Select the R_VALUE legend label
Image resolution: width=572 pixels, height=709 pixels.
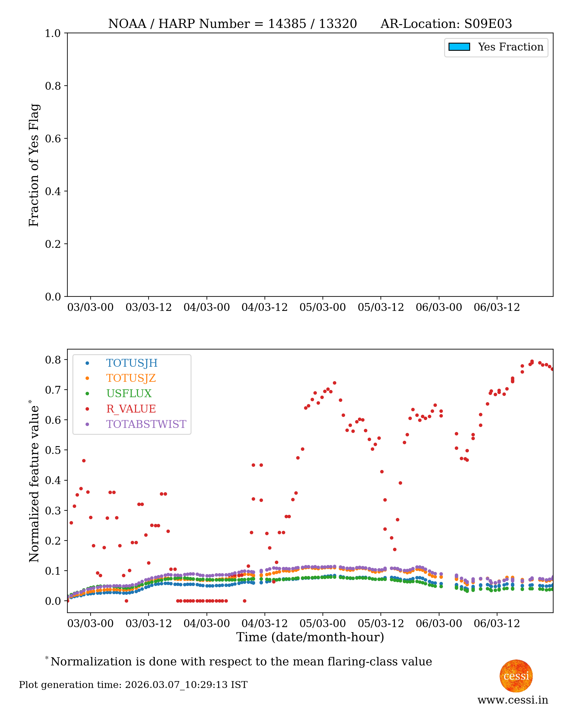(x=131, y=409)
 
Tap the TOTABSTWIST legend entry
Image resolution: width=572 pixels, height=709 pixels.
(x=146, y=424)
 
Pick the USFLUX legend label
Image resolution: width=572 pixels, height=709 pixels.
(x=129, y=393)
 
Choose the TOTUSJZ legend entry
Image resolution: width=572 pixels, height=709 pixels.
(x=131, y=378)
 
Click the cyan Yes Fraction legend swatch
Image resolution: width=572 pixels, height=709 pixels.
(x=459, y=47)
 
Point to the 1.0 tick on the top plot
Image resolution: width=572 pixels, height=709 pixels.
(x=53, y=33)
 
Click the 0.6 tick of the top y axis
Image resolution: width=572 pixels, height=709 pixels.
(x=53, y=138)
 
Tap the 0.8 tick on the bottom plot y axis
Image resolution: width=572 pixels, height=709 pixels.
(x=53, y=360)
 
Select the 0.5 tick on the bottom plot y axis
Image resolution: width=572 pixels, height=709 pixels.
(x=53, y=450)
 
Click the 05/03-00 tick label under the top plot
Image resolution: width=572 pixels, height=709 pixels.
(x=322, y=307)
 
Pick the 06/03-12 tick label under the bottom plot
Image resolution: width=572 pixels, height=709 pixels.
(x=496, y=624)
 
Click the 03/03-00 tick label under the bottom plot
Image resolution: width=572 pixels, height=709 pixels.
(x=90, y=624)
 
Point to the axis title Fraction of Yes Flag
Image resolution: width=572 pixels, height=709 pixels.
(x=34, y=165)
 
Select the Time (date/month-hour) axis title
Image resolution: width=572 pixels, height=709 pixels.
(x=310, y=637)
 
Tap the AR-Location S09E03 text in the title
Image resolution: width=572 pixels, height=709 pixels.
(x=446, y=24)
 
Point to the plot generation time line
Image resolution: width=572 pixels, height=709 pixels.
(x=133, y=685)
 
